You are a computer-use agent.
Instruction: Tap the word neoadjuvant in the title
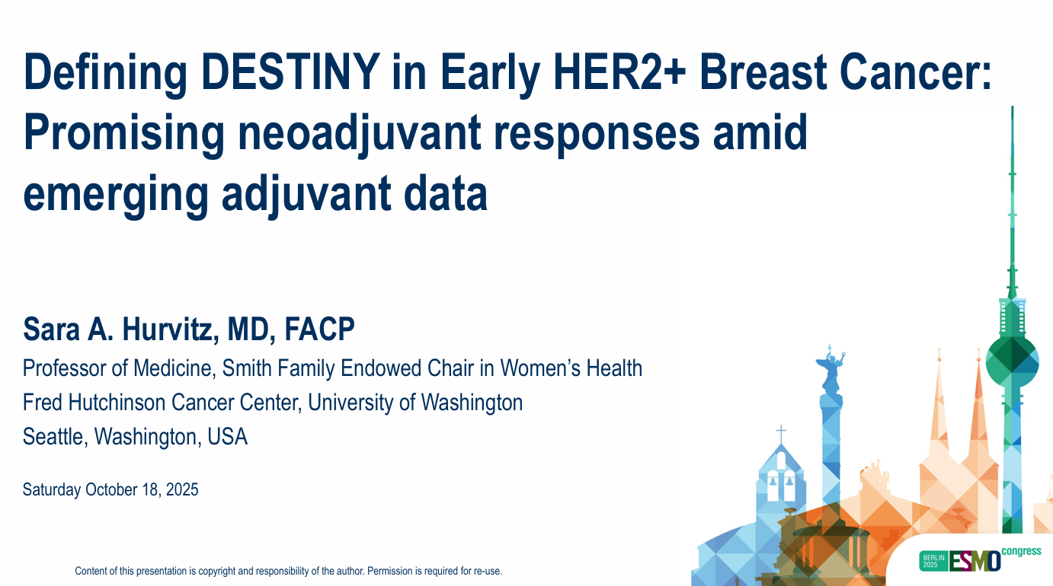360,133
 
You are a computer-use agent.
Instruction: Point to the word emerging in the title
116,193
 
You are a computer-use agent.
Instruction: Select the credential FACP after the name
319,330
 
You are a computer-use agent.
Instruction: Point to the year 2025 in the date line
182,490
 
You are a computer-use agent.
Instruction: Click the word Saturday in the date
52,490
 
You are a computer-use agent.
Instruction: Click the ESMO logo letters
975,561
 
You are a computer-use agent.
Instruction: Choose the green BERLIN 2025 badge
933,561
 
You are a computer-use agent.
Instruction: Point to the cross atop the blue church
781,434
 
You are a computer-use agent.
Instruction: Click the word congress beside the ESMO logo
1022,552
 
